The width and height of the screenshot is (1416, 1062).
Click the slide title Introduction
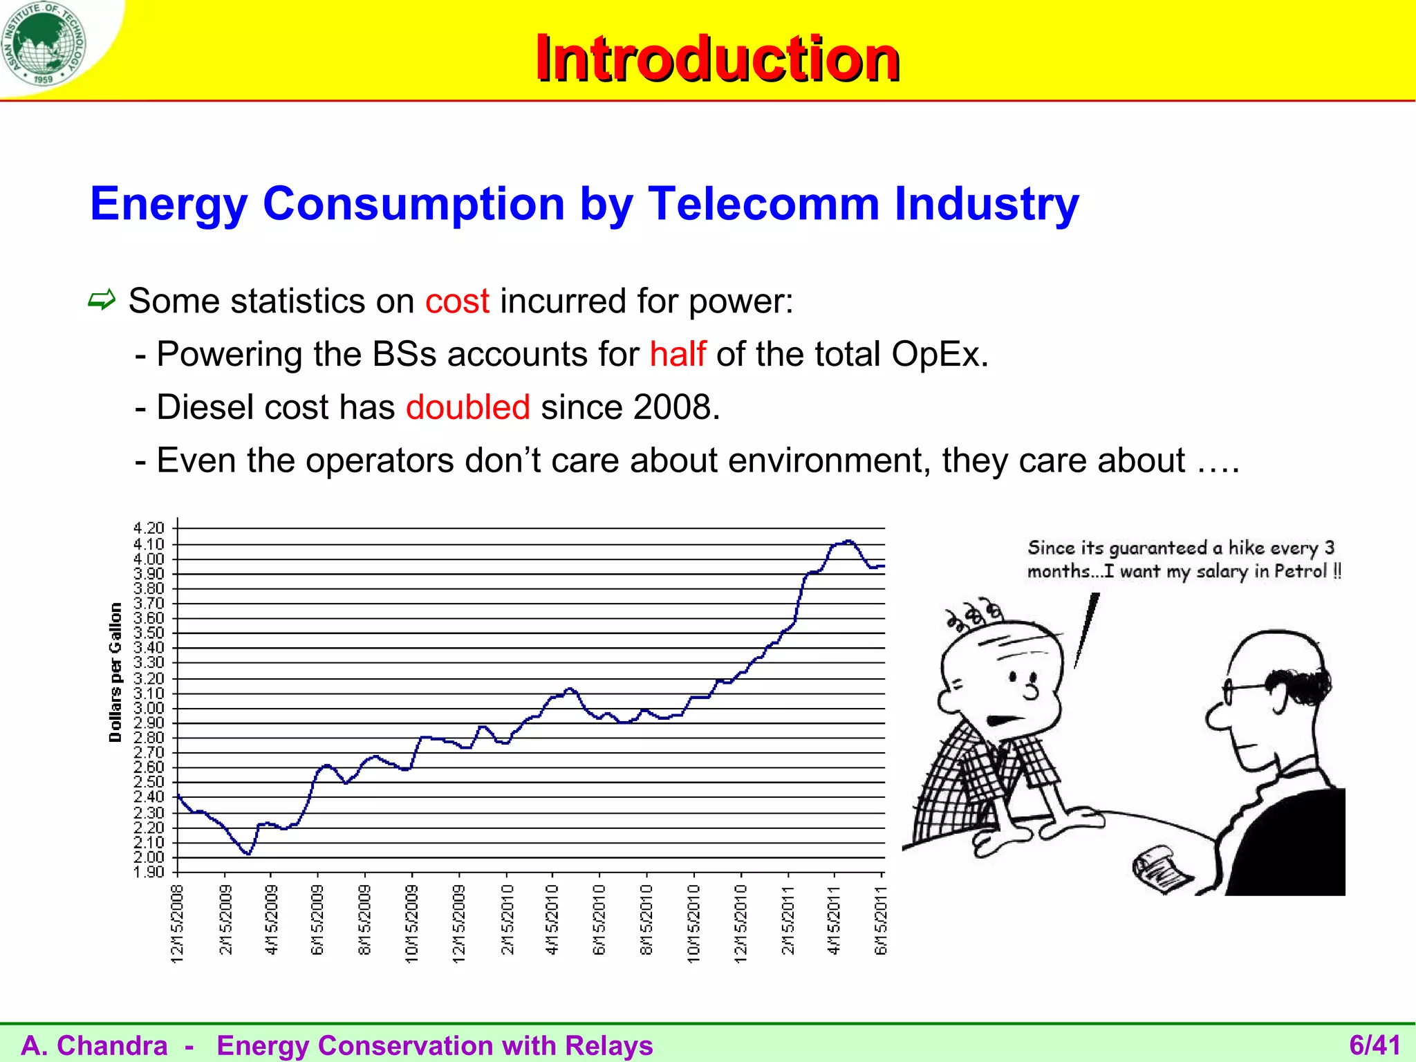pyautogui.click(x=717, y=59)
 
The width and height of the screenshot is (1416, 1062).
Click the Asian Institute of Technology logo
pyautogui.click(x=44, y=43)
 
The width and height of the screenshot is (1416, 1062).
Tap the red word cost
pyautogui.click(x=457, y=301)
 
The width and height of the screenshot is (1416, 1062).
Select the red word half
pyautogui.click(x=677, y=354)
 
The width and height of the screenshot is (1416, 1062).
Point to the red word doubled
pyautogui.click(x=467, y=407)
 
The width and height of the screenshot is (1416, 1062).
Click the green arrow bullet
pyautogui.click(x=102, y=300)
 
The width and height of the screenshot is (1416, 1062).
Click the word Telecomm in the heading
pyautogui.click(x=763, y=204)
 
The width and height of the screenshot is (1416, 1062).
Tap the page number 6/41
pyautogui.click(x=1375, y=1045)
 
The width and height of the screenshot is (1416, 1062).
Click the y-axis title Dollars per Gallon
pyautogui.click(x=115, y=672)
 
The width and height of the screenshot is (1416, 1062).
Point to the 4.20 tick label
pyautogui.click(x=149, y=528)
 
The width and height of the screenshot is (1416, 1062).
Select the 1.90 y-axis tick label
pyautogui.click(x=149, y=872)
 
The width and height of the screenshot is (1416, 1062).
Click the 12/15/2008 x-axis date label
pyautogui.click(x=177, y=924)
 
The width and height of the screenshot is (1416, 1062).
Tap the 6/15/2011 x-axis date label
pyautogui.click(x=881, y=921)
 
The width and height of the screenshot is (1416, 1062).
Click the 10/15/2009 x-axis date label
pyautogui.click(x=411, y=924)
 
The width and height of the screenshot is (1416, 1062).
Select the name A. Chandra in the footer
pyautogui.click(x=95, y=1045)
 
